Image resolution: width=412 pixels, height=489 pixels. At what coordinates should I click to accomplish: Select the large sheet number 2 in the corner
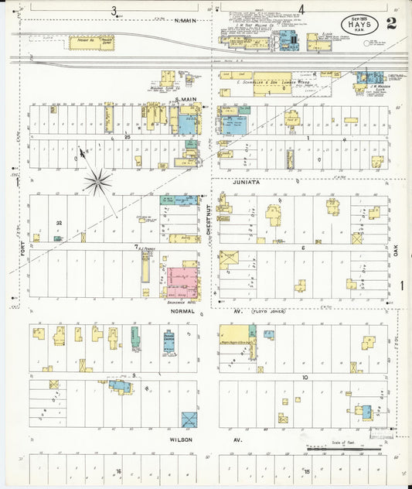[391, 22]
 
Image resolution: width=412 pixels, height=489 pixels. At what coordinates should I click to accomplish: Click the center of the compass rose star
[98, 183]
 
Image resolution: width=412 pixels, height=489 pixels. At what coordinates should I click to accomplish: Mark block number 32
[59, 223]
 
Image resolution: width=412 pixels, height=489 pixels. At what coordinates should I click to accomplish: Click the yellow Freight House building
[84, 43]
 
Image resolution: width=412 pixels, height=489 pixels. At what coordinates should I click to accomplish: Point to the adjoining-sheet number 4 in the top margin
[301, 10]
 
